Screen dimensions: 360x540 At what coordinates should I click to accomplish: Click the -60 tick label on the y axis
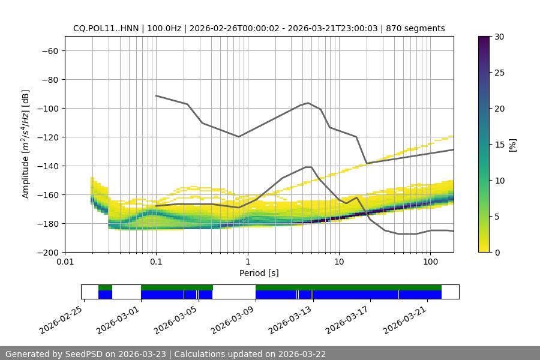pyautogui.click(x=49, y=50)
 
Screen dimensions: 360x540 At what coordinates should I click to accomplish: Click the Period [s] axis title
pyautogui.click(x=259, y=273)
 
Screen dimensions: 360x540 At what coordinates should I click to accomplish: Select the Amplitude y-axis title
pyautogui.click(x=26, y=144)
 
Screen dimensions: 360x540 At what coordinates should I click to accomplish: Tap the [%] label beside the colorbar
pyautogui.click(x=512, y=145)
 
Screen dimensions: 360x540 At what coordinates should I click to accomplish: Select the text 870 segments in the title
pyautogui.click(x=415, y=28)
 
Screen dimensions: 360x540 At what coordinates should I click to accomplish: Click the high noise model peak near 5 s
pyautogui.click(x=308, y=103)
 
